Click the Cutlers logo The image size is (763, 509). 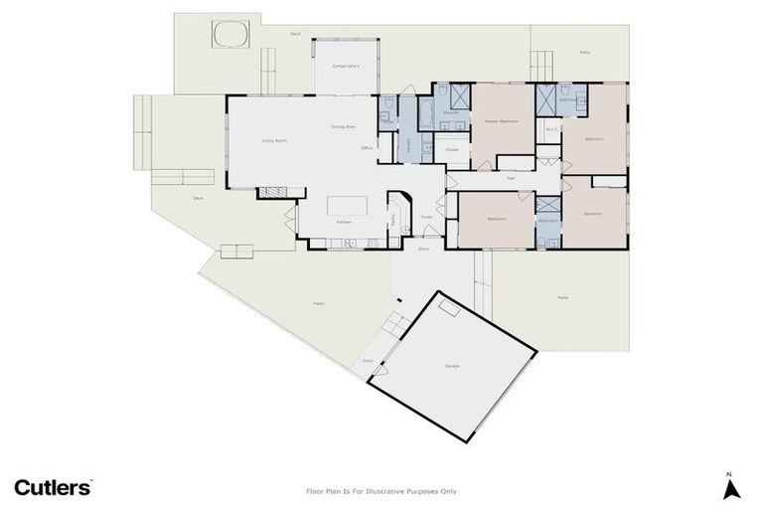point(53,487)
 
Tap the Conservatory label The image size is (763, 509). point(346,67)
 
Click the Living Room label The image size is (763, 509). point(274,141)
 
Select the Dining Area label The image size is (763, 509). point(344,127)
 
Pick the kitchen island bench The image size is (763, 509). point(348,205)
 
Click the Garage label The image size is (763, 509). point(452,367)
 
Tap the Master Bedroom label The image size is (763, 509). point(501,121)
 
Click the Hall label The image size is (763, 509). point(511,178)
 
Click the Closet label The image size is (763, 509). point(451,150)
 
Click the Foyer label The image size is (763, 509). point(425,216)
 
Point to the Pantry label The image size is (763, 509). point(392,218)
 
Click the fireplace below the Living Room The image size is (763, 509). point(274,192)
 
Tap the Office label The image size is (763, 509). point(368,148)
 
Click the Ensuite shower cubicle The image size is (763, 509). point(459,96)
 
